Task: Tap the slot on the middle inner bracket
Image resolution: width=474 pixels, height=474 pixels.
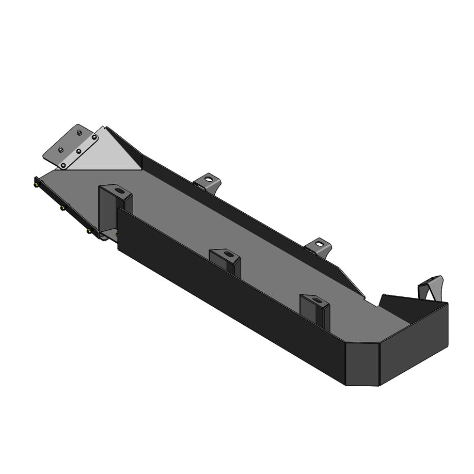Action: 226,254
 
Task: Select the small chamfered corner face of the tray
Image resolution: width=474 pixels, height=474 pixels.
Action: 362,364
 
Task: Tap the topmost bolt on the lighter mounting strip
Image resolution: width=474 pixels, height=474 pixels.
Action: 95,138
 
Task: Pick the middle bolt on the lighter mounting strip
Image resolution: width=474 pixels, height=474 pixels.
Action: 78,151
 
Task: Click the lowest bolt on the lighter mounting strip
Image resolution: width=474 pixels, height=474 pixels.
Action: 63,165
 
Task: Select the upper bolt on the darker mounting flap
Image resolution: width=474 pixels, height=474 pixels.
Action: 78,133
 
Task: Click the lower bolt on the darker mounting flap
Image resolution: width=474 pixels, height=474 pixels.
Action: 60,149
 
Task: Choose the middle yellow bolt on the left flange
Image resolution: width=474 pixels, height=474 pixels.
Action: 62,208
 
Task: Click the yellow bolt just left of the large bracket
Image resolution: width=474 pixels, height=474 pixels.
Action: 89,232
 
